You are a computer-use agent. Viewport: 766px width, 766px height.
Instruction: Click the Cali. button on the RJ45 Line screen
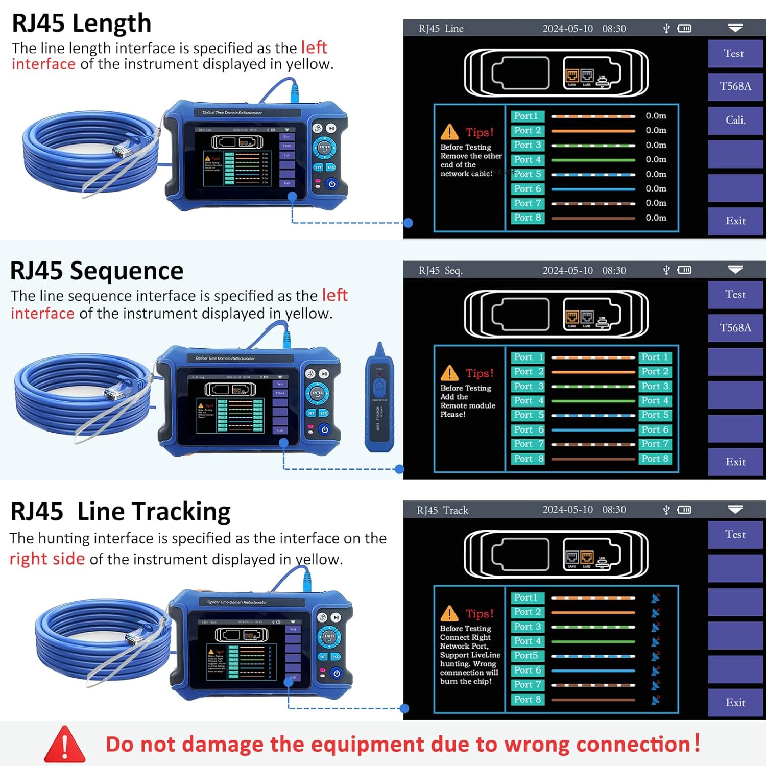[735, 120]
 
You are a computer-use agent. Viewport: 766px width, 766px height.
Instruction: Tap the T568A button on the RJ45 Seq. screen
[735, 328]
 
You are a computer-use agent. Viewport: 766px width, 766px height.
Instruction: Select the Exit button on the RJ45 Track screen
[735, 703]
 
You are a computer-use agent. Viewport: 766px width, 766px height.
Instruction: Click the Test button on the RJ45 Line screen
[734, 54]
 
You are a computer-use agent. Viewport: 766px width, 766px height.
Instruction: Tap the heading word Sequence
[126, 271]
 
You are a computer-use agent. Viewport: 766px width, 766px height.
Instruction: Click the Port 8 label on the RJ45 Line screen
[528, 218]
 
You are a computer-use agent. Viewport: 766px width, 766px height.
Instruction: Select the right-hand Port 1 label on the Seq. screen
[655, 357]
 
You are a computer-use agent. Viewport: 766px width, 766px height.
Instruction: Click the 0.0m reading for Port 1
[656, 116]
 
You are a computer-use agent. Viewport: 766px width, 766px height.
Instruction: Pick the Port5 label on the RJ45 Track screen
[526, 655]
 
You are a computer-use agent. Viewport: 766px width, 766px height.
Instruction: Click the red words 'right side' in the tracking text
[47, 559]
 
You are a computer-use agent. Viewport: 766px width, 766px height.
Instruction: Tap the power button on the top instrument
[332, 184]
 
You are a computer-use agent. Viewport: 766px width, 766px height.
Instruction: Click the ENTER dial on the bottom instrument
[329, 637]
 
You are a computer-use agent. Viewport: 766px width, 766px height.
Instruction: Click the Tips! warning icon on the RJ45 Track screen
[449, 613]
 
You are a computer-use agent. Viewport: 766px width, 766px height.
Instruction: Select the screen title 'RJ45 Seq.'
[440, 271]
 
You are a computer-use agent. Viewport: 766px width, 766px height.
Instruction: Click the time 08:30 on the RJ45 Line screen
[614, 29]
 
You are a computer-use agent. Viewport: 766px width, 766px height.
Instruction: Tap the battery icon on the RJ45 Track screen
[684, 510]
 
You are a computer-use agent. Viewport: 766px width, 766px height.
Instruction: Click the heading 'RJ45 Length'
[82, 23]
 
